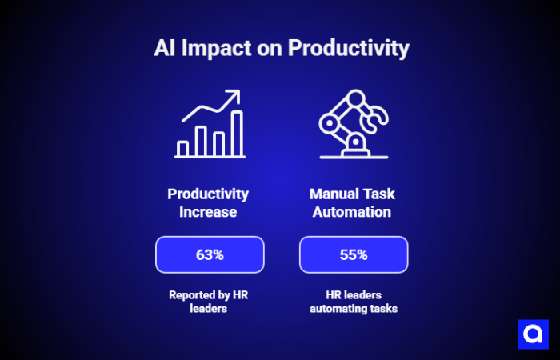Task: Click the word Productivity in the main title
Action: point(348,48)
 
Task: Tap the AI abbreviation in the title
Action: point(165,48)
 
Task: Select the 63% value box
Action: point(210,255)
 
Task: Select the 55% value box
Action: point(354,255)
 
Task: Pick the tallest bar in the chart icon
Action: point(237,133)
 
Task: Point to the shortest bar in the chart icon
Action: point(182,148)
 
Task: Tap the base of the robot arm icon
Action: point(353,149)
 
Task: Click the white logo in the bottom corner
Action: point(532,333)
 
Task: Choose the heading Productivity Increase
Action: point(208,203)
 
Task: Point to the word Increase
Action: point(208,213)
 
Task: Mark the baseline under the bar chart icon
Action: point(210,158)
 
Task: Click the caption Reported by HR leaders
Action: point(208,302)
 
